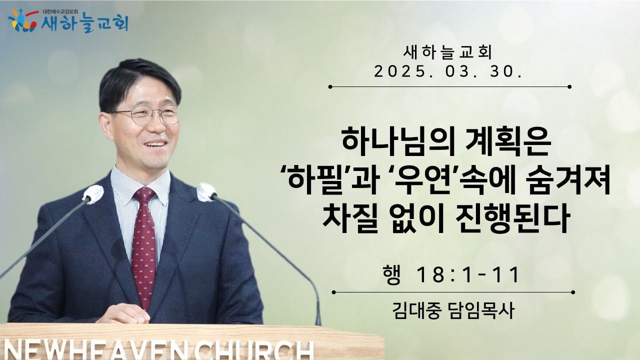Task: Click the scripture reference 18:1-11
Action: pyautogui.click(x=467, y=275)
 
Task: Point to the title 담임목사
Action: pyautogui.click(x=480, y=311)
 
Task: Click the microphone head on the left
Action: pyautogui.click(x=93, y=194)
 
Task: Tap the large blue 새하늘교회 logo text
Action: pyautogui.click(x=84, y=23)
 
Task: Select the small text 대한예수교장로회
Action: pyautogui.click(x=60, y=11)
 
